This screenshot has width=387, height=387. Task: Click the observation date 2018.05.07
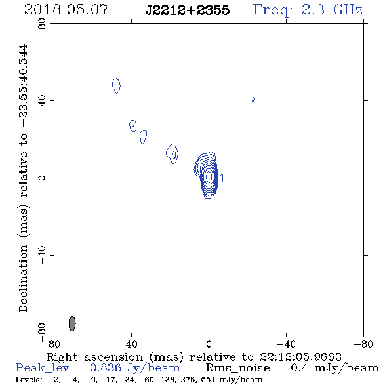66,10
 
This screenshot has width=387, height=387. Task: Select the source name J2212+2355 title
188,10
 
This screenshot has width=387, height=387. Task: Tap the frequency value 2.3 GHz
332,10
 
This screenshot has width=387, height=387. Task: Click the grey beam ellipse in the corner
72,323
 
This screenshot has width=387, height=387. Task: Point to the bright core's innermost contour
209,177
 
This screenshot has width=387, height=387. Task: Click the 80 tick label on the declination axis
42,24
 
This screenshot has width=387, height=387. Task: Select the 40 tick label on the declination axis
42,101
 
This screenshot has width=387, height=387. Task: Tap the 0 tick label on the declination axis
42,178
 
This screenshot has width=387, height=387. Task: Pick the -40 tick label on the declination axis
42,255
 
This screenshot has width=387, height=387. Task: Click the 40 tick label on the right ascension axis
132,344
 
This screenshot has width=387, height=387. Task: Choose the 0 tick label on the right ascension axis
209,344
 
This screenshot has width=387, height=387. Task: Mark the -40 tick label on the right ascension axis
286,344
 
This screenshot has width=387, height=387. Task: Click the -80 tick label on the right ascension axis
363,344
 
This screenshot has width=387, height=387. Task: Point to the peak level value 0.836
106,368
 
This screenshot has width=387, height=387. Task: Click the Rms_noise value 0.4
300,368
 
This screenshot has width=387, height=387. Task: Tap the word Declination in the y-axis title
23,278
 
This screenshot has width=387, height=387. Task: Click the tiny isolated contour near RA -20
253,100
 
